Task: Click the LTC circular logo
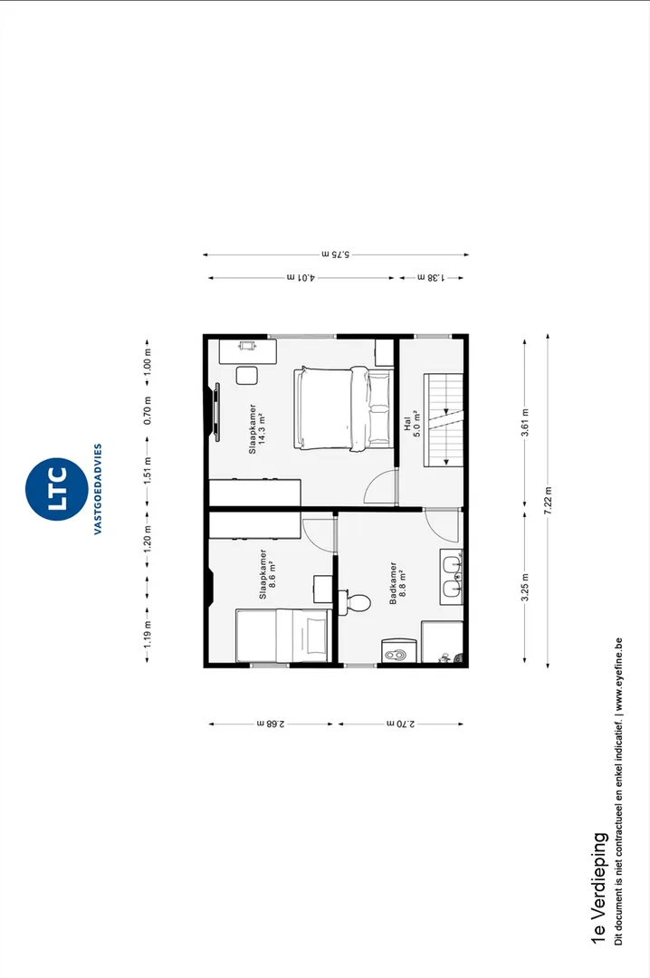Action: click(56, 489)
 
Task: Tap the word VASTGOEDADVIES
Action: click(98, 489)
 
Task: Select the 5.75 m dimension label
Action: click(336, 254)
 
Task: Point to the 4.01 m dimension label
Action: click(301, 278)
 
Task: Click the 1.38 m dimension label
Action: click(431, 278)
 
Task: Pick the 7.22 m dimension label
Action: click(548, 500)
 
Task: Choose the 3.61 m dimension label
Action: click(525, 422)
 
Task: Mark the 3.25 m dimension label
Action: click(525, 587)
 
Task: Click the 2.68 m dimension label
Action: click(271, 724)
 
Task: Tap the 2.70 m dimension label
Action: click(400, 724)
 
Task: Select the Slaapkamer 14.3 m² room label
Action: click(258, 429)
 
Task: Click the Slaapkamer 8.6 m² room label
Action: click(268, 574)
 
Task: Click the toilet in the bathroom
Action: click(354, 602)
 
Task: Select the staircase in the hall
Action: click(444, 420)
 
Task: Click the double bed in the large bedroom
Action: click(344, 407)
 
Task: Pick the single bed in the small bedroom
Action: click(282, 636)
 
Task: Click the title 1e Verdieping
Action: click(598, 888)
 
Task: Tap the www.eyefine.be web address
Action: click(618, 675)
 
